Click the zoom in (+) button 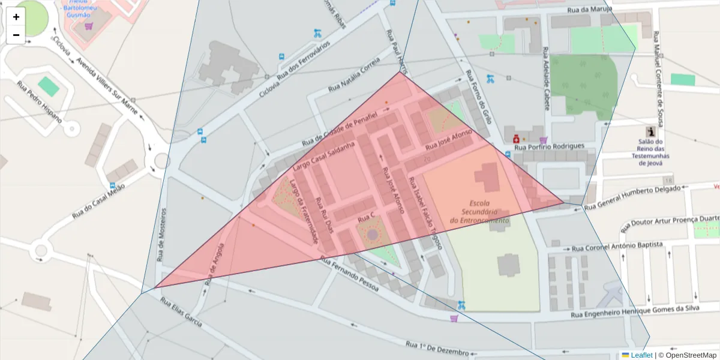pos(16,17)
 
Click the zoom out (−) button pos(16,35)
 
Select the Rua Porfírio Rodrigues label pos(550,146)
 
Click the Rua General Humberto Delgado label pos(633,197)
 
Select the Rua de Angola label pos(214,264)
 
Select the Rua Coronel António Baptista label pos(617,247)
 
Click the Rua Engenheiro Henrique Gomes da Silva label pos(644,310)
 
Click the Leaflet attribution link pos(637,355)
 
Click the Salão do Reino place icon pos(650,131)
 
